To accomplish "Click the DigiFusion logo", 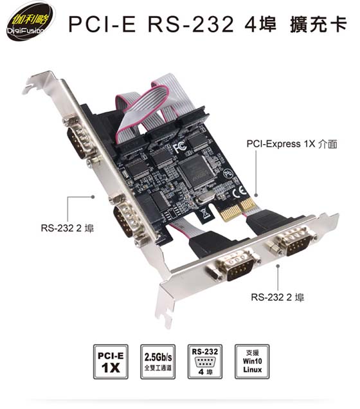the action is [30, 24].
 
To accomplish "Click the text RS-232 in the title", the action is [191, 24].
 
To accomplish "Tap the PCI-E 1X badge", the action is [111, 361].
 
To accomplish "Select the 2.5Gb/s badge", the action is [158, 361].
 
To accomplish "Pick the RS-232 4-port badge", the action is [205, 361].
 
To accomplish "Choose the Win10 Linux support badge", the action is [252, 361].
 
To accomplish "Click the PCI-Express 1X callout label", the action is [292, 143].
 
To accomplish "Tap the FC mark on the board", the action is [180, 147].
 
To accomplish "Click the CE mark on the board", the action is [239, 192].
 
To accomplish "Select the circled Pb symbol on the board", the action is [228, 174].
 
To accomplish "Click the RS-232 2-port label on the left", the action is [67, 228].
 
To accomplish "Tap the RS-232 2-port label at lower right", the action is [277, 297].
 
